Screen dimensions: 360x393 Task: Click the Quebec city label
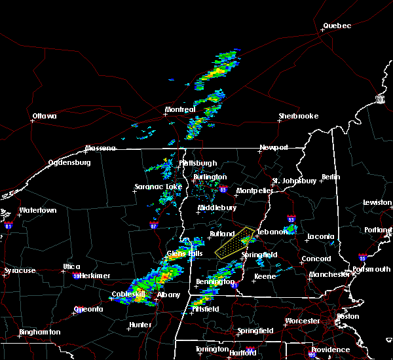[x=337, y=26]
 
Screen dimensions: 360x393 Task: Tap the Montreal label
[x=180, y=109]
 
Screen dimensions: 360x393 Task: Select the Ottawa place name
[x=45, y=117]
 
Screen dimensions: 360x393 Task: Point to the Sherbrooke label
[x=298, y=116]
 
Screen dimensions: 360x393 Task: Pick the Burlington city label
[x=210, y=177]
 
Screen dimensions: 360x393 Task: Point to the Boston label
[x=347, y=316]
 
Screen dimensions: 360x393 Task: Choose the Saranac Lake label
[x=158, y=187]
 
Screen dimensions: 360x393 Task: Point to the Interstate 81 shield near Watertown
[x=9, y=225]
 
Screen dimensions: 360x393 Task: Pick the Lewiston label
[x=377, y=203]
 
